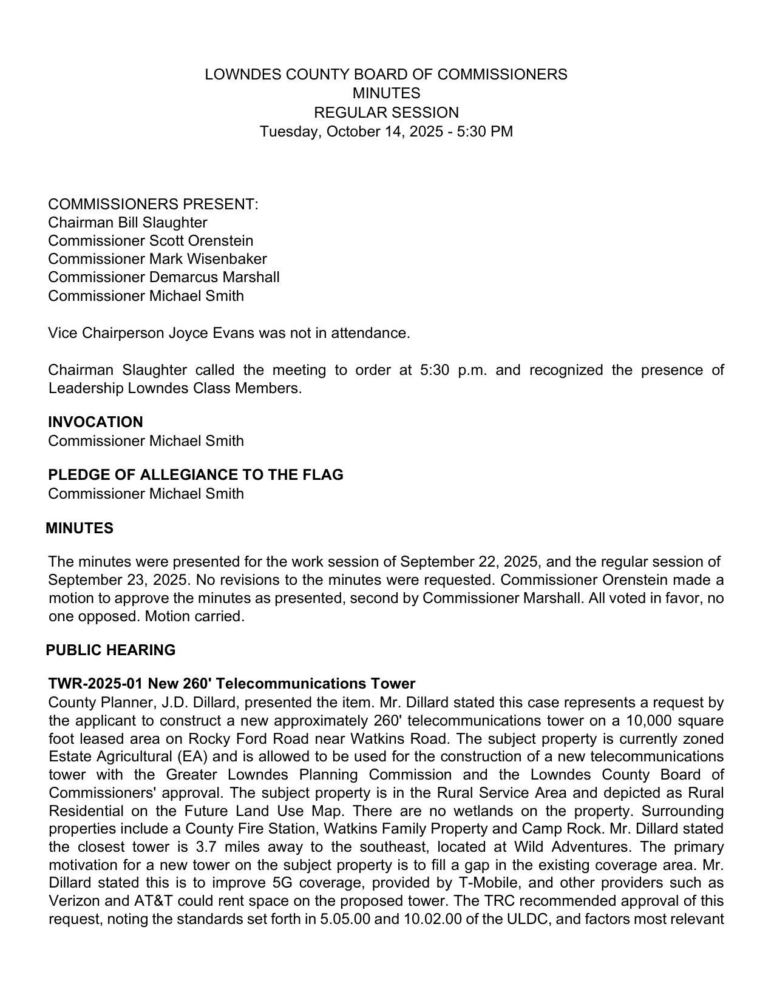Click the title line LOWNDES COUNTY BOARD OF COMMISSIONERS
[386, 75]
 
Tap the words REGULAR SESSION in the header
[386, 113]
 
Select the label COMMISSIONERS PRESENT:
[153, 204]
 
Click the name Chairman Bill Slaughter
[127, 223]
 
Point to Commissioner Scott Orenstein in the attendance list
[151, 241]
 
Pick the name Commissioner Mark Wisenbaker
[157, 259]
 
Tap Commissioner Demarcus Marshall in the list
[164, 277]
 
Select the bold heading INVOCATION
[95, 422]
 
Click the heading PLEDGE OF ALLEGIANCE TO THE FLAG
[195, 475]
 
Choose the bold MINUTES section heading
[80, 528]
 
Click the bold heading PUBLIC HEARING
[110, 650]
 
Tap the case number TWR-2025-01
[95, 684]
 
